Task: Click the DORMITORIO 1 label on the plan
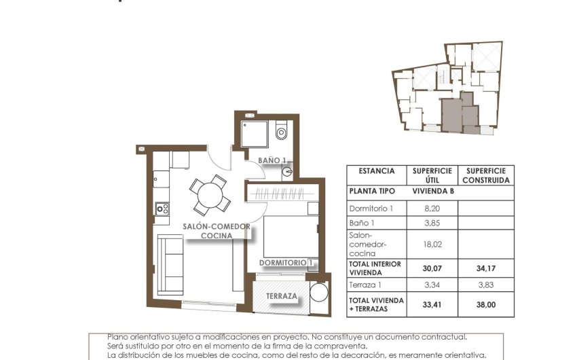[x=286, y=262]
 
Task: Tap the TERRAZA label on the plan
[x=281, y=296]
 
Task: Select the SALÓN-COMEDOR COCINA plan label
[x=217, y=231]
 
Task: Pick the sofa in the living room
[x=171, y=264]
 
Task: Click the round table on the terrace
[x=318, y=294]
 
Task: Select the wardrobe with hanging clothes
[x=282, y=193]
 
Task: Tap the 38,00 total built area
[x=485, y=304]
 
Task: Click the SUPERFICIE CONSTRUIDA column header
[x=485, y=175]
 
